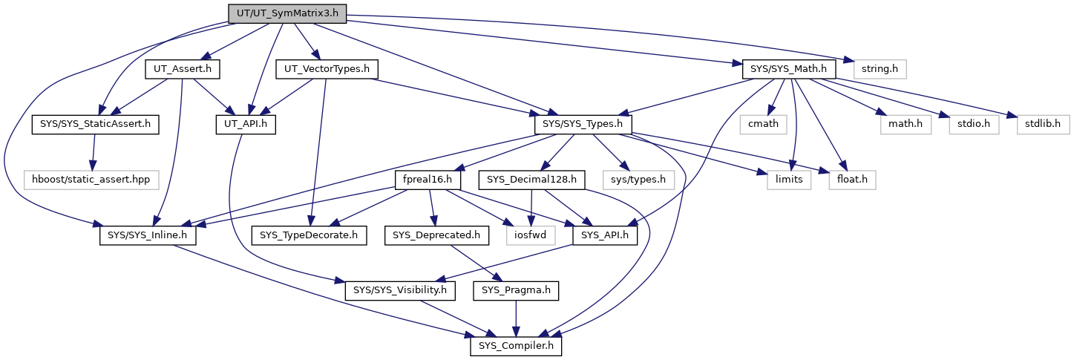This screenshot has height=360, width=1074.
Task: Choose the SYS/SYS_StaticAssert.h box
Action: tap(96, 124)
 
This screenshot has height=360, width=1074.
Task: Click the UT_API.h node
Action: tap(245, 124)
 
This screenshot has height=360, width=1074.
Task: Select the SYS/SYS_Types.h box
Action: tap(583, 124)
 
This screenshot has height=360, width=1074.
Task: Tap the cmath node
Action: tap(763, 124)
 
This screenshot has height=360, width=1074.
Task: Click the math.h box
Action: tap(906, 124)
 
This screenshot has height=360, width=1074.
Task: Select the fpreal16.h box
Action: tap(428, 180)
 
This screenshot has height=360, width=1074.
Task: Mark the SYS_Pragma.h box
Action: tap(516, 291)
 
